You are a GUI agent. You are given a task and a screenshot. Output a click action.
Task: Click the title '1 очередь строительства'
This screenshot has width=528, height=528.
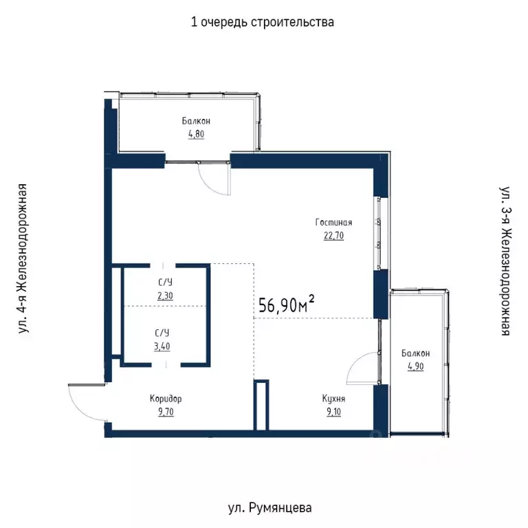point(263,22)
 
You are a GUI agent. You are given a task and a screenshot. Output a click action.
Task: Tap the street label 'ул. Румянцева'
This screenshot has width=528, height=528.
point(269,508)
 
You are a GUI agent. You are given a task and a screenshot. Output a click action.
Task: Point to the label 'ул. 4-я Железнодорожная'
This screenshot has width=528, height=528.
point(23,259)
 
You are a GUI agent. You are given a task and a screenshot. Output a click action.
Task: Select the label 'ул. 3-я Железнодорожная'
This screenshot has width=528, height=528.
point(505,259)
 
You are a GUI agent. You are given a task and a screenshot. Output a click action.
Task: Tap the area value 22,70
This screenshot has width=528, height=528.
point(333,235)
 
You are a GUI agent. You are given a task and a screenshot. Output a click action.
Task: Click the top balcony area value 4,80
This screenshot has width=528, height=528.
point(197,133)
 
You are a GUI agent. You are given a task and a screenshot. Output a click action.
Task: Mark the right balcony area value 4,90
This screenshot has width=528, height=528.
point(415,366)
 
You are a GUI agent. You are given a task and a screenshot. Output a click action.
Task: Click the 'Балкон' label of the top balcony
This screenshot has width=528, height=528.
point(197,121)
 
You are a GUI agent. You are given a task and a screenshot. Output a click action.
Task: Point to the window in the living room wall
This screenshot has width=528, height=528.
point(377,234)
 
